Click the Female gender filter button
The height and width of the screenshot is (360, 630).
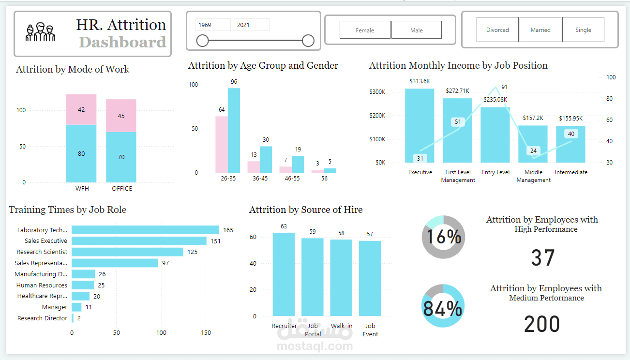coord(365,30)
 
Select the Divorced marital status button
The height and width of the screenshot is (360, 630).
coord(497,30)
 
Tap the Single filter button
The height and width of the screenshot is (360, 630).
coord(583,30)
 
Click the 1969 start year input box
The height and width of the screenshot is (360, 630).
coord(213,25)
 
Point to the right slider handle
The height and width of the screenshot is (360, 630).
coord(308,41)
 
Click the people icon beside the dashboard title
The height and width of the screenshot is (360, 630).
coord(41,32)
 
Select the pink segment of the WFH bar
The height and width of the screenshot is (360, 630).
coord(81,109)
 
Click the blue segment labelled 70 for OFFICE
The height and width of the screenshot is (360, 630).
coord(121,157)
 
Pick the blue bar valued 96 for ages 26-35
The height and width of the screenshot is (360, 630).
coord(234,130)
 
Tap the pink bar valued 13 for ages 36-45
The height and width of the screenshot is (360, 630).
coord(254,167)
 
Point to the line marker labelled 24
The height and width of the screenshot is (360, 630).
coord(533,151)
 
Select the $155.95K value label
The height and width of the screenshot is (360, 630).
coord(571,118)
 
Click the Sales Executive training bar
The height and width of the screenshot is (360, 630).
coord(139,241)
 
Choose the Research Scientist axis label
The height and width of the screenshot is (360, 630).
coord(42,252)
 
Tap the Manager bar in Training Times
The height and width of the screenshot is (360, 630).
coord(76,307)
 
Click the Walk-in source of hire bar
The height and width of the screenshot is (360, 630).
coord(341,278)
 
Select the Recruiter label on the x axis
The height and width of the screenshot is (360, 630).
coord(284,326)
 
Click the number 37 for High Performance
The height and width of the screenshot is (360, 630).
coord(542,258)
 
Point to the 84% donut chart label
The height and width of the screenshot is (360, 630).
coord(442,308)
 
